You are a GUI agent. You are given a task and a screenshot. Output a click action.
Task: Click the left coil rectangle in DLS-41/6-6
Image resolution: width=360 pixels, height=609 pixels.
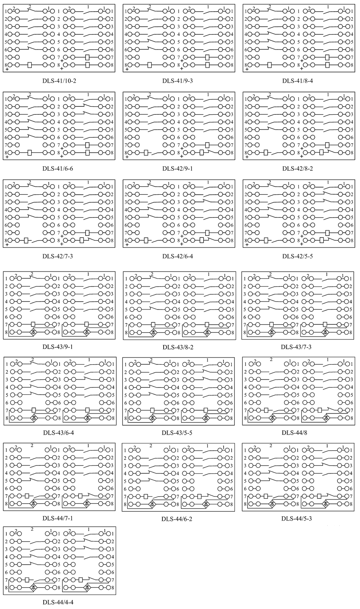[30, 153]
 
